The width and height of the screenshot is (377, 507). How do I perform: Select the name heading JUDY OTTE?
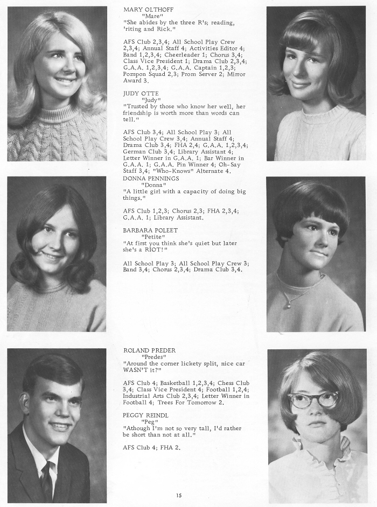[x=141, y=93]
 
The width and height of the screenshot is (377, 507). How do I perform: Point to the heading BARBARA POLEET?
[x=149, y=229]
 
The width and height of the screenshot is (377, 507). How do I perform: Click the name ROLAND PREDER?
[x=149, y=350]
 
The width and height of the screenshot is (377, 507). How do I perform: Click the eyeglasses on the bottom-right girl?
[x=313, y=400]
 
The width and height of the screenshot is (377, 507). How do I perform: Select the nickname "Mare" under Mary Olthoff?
[x=152, y=16]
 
